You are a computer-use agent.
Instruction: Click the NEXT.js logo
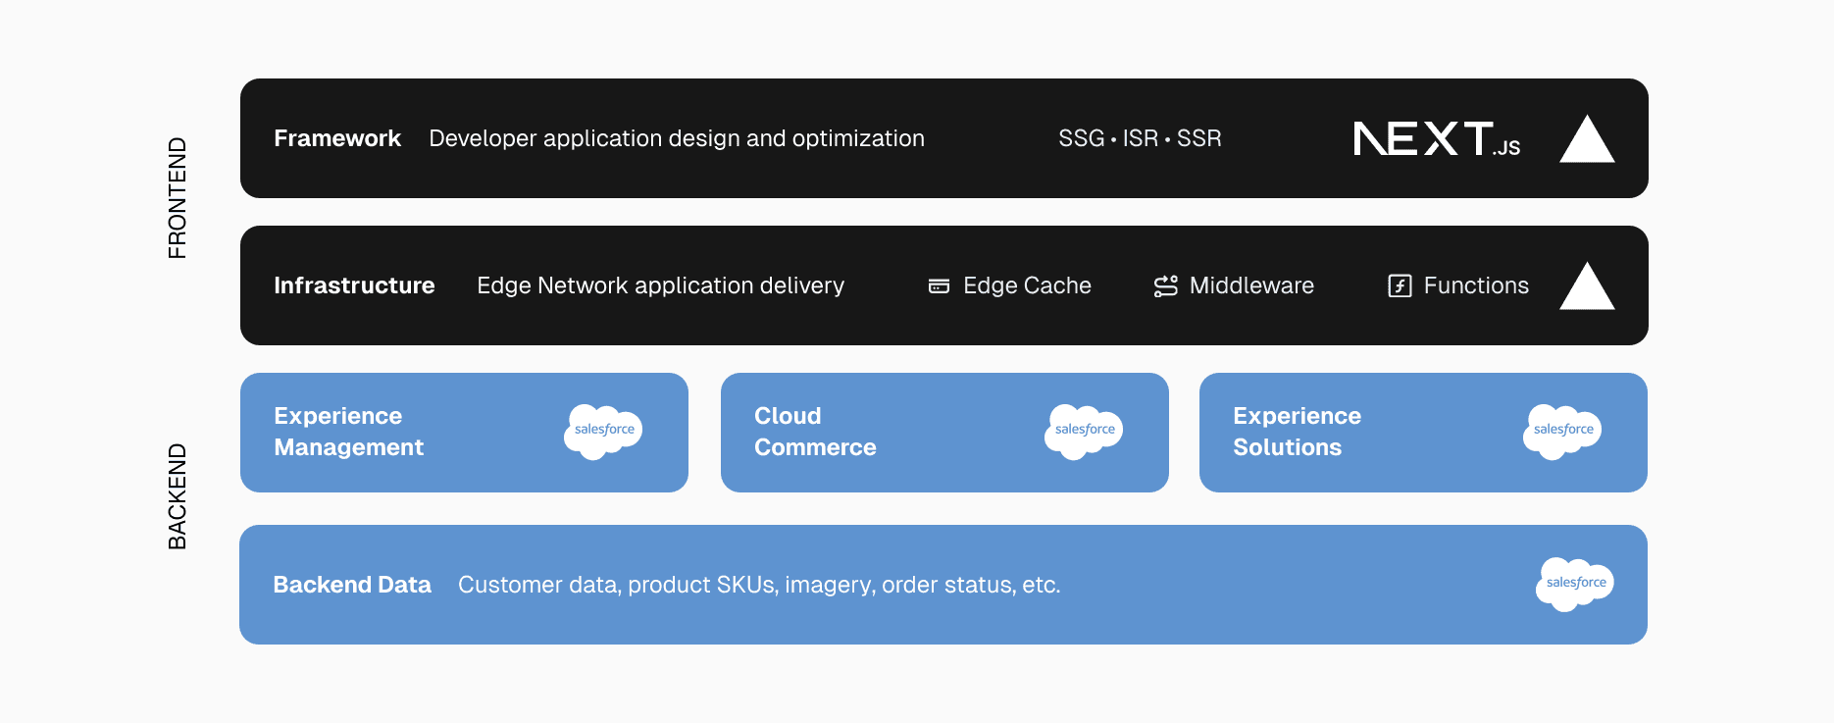click(x=1436, y=139)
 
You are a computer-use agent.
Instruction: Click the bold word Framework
click(x=337, y=138)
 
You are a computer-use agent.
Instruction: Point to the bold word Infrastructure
click(x=354, y=285)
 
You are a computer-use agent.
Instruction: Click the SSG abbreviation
click(x=1081, y=138)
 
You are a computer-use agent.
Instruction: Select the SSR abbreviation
click(x=1198, y=138)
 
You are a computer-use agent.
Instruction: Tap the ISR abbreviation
click(x=1140, y=138)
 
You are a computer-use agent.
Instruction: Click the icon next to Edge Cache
click(x=939, y=286)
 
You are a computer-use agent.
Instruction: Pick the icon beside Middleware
click(x=1165, y=285)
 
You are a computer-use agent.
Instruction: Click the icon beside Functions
click(x=1400, y=285)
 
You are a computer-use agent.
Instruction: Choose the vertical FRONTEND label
click(x=177, y=198)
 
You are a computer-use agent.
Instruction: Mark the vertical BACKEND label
click(x=177, y=496)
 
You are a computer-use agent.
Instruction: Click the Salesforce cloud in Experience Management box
click(x=602, y=431)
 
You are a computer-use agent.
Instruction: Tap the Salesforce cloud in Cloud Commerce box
click(x=1083, y=431)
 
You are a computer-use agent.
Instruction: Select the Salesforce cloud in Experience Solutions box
click(x=1561, y=431)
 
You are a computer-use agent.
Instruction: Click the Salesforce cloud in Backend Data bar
click(x=1574, y=584)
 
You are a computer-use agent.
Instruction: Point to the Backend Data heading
click(x=352, y=585)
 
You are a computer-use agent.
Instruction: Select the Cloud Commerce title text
click(x=814, y=432)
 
